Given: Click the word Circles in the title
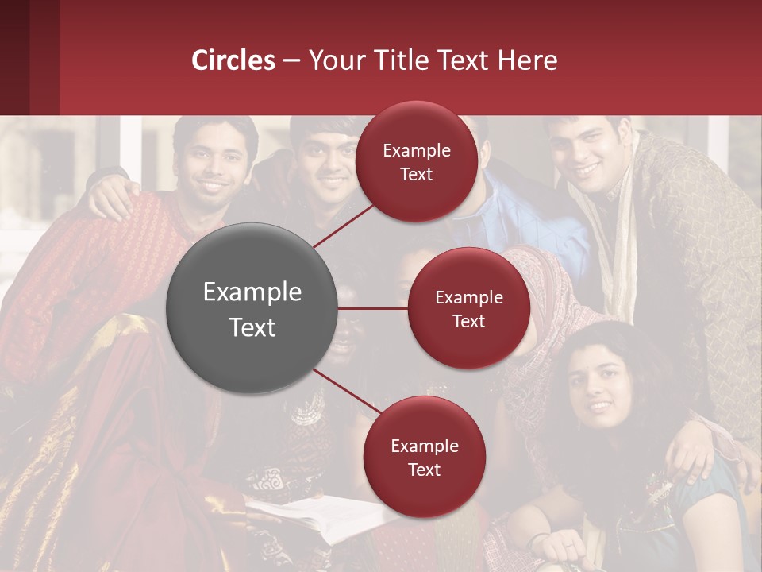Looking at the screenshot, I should pos(233,60).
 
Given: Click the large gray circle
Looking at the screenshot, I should pos(252,308).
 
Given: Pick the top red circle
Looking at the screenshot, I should pos(417,161).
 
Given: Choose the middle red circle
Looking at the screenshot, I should pos(468,308).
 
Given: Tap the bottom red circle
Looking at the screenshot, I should pos(424,457).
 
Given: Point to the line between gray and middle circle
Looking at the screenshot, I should pos(373,308).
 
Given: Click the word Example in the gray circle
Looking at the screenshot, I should pos(252,292).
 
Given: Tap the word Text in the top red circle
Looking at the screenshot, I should pos(417,174).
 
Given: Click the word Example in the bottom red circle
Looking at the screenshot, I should pos(424,446).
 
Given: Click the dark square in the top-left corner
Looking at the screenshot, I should pos(29,57).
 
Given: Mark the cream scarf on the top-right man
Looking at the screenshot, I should pos(615,238).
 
